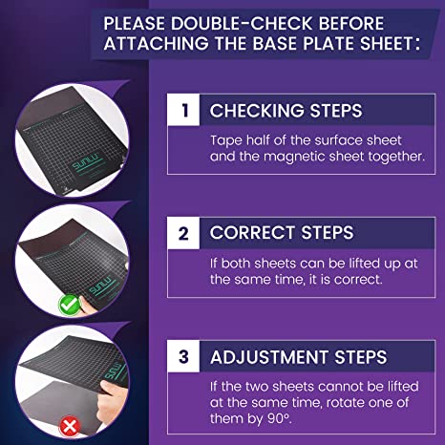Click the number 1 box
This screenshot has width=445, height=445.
click(183, 110)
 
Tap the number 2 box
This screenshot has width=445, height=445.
click(183, 233)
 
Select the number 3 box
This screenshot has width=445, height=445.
click(183, 356)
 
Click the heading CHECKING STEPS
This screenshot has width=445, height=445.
click(286, 111)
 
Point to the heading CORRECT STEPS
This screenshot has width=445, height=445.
click(282, 232)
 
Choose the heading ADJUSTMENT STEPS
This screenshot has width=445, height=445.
click(299, 357)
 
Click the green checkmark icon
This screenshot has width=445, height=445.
click(70, 305)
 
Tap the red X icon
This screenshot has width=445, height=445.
click(70, 426)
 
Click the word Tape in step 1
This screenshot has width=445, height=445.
click(226, 141)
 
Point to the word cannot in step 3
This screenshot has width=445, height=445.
click(341, 387)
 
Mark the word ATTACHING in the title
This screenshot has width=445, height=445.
click(156, 43)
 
